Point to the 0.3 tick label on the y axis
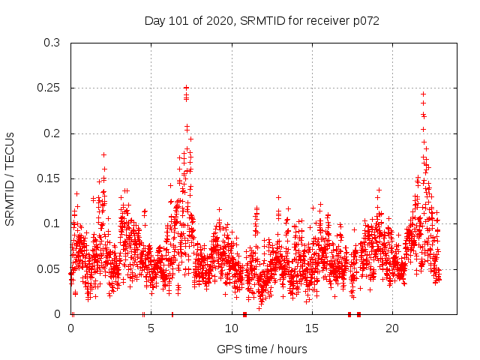point(52,43)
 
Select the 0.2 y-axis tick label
point(52,133)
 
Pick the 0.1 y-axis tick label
point(52,223)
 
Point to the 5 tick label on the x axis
point(151,328)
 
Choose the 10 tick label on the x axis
point(231,328)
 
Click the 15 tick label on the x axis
point(311,328)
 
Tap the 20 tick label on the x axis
point(391,328)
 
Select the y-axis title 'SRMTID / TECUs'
point(10,178)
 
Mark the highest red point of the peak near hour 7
point(186,88)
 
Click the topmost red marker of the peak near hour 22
point(423,94)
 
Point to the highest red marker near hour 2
point(103,154)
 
